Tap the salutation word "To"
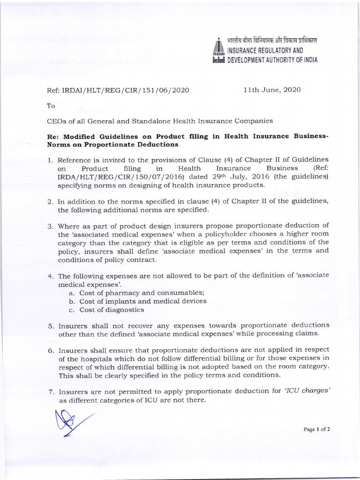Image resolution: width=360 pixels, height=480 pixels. [x=51, y=106]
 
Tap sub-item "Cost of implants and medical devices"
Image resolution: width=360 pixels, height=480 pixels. [x=142, y=301]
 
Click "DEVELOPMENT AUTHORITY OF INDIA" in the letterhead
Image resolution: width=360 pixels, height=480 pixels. [x=272, y=60]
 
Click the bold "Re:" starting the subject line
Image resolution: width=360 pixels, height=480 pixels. [x=54, y=136]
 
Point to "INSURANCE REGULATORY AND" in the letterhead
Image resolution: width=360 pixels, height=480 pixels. [x=265, y=50]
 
